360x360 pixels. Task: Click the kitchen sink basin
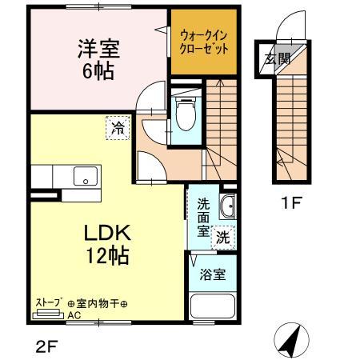pyautogui.click(x=84, y=176)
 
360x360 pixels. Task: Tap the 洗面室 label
pyautogui.click(x=203, y=215)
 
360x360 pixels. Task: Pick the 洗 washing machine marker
pyautogui.click(x=225, y=236)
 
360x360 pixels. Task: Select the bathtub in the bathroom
pyautogui.click(x=213, y=308)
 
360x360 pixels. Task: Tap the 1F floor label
pyautogui.click(x=292, y=203)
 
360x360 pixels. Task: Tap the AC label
pyautogui.click(x=74, y=315)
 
